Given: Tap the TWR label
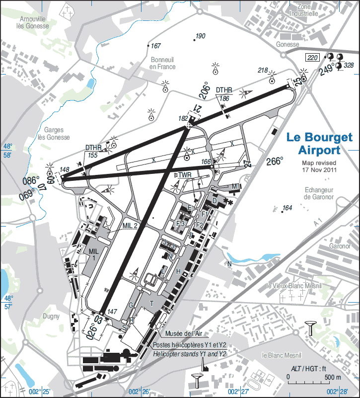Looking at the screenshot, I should click(184, 175).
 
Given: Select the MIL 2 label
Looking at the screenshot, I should click(130, 225).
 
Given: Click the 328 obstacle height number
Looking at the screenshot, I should click(349, 65).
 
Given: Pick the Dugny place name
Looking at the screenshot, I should click(51, 316).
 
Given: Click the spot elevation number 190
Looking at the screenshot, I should click(201, 36).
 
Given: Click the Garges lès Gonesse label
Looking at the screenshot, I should click(55, 133).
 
